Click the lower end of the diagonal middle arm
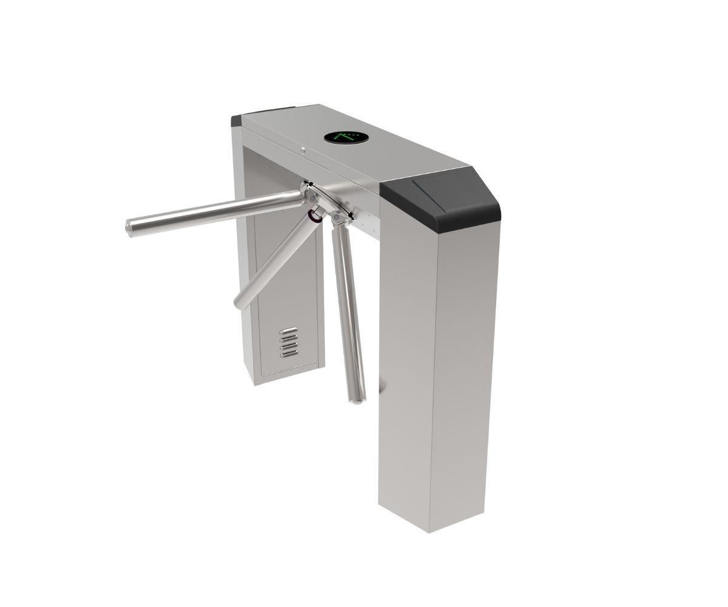point(239,302)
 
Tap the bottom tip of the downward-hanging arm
point(358,399)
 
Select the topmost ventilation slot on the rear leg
point(289,331)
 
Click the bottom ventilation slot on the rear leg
point(289,353)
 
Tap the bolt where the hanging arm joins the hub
point(336,217)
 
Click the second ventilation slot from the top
point(289,339)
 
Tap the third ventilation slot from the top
point(289,346)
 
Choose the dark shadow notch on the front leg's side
point(381,385)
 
